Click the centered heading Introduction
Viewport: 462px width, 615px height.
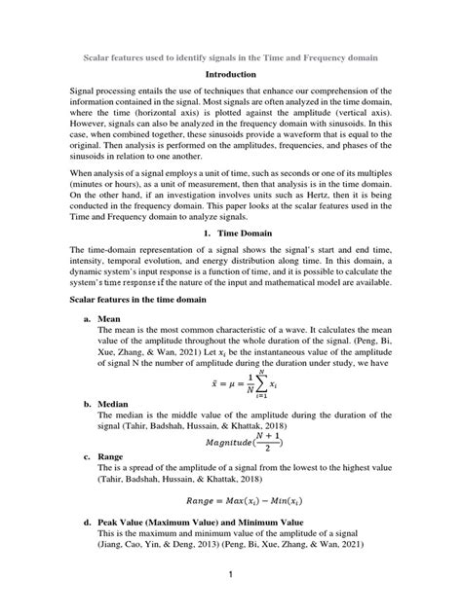pyautogui.click(x=231, y=74)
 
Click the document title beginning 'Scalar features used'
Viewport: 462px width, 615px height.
pyautogui.click(x=231, y=57)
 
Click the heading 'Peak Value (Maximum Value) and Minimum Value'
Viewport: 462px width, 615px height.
pyautogui.click(x=211, y=525)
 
